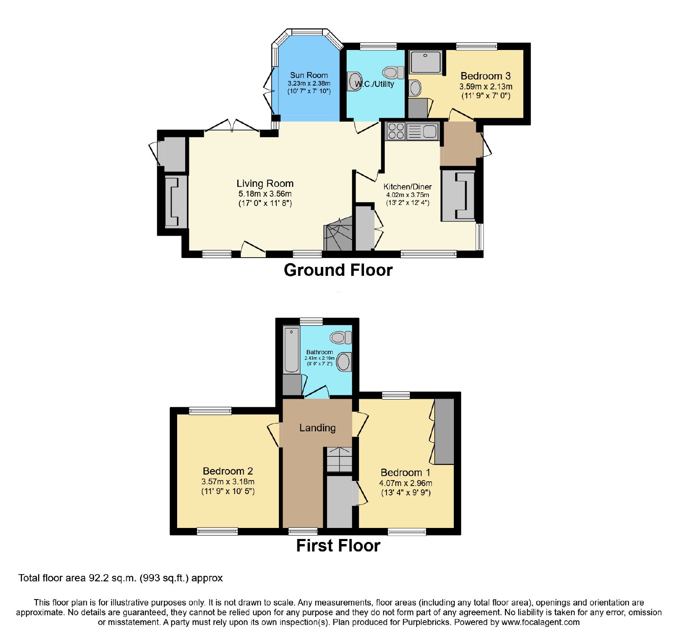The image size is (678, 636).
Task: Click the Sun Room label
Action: click(309, 75)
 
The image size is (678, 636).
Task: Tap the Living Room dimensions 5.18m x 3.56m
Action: click(265, 194)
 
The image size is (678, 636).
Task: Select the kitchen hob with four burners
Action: click(396, 131)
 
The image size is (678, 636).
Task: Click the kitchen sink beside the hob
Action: click(422, 131)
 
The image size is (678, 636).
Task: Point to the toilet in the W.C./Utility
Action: click(393, 72)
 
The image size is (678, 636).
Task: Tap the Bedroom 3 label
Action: click(486, 76)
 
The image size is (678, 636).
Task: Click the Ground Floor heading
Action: click(338, 270)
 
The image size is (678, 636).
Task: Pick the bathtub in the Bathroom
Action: click(292, 350)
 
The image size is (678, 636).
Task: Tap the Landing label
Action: click(317, 428)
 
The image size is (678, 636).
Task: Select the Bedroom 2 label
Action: click(228, 471)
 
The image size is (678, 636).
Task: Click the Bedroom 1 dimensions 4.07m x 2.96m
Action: click(406, 483)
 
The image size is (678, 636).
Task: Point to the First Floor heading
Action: click(338, 546)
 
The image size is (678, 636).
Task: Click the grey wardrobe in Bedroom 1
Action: click(444, 431)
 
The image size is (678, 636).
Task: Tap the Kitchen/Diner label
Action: click(408, 186)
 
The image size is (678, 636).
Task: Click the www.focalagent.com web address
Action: click(541, 622)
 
